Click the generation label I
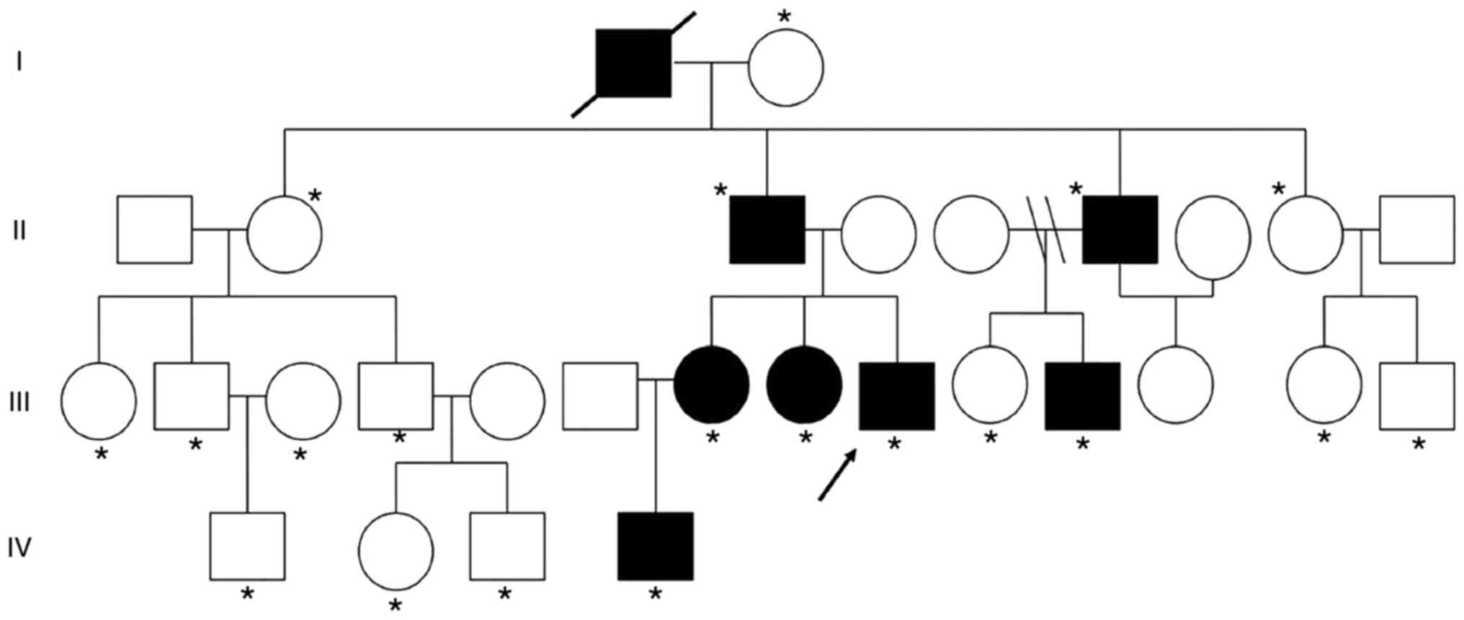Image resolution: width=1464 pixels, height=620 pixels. [x=19, y=63]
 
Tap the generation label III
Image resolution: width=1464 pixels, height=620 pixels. [x=19, y=401]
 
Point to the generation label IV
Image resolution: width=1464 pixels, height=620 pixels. [x=19, y=548]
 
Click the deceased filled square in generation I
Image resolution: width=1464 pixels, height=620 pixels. [x=633, y=63]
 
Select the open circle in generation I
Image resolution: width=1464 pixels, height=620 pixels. [x=785, y=67]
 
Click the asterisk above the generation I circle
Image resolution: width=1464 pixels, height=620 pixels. [x=785, y=17]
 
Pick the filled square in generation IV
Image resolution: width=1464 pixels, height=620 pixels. [x=656, y=546]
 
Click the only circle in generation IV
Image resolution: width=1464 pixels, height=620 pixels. [x=396, y=551]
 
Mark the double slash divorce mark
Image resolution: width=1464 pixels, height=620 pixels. [x=1045, y=230]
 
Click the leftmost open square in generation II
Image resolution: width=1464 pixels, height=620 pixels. [x=155, y=229]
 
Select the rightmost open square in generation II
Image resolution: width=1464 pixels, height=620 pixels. [x=1417, y=229]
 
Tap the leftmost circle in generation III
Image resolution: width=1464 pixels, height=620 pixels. [x=99, y=400]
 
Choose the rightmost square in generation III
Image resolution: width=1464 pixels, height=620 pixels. [x=1417, y=396]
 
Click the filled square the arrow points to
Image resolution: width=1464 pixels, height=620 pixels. [x=897, y=396]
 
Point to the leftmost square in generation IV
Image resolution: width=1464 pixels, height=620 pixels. [x=247, y=546]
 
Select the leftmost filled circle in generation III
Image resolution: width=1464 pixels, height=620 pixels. [x=711, y=385]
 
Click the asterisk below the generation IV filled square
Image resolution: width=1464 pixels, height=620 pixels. [x=655, y=594]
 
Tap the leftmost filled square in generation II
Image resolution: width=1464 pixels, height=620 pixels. [x=767, y=229]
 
